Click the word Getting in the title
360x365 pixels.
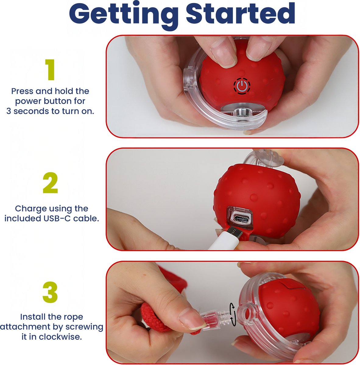click(123, 14)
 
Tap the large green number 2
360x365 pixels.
click(50, 183)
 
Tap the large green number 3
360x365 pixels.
click(50, 293)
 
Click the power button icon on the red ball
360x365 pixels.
click(242, 86)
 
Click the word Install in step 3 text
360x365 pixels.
click(33, 317)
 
